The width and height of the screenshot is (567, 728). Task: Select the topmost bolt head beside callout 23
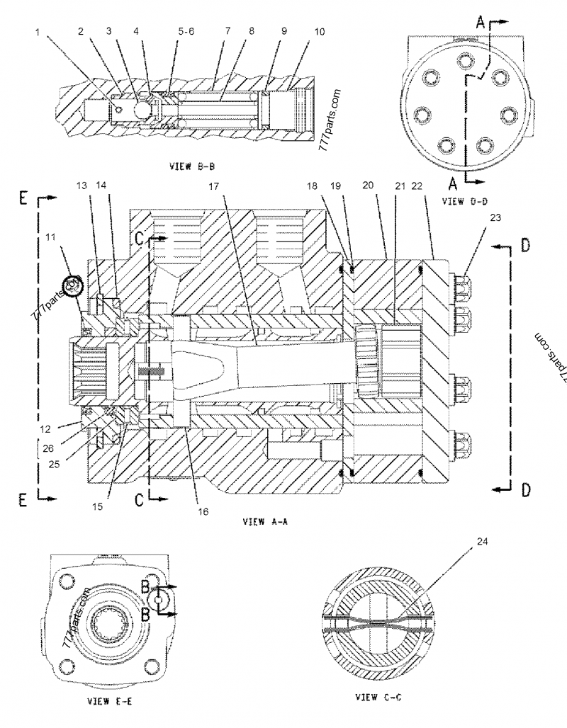tap(461, 284)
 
